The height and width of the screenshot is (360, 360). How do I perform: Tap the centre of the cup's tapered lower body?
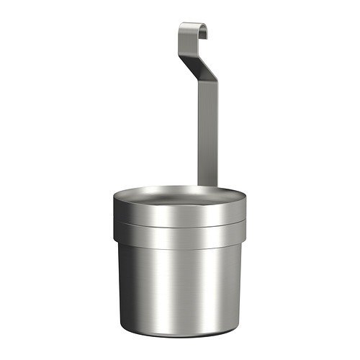tap(180, 288)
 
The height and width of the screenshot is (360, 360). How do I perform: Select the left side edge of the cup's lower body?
tap(124, 288)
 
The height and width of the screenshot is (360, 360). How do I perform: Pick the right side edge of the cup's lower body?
tap(236, 288)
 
